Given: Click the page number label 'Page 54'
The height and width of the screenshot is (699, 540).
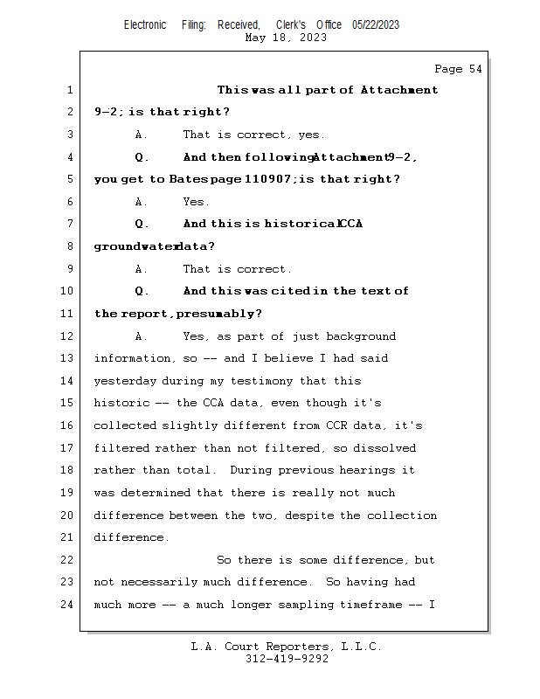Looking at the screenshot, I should (458, 69).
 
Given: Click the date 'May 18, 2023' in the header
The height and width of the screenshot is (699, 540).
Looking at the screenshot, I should (287, 38).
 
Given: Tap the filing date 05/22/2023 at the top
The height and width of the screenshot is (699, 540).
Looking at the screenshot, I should (376, 25).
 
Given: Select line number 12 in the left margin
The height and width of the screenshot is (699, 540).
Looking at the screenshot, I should (67, 336).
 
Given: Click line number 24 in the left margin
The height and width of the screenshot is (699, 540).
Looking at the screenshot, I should (67, 605).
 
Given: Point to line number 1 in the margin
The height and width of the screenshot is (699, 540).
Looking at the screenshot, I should (67, 90).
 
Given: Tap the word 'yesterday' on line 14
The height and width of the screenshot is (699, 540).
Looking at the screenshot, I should (125, 381).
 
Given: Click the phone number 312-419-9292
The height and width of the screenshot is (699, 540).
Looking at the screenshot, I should (287, 660).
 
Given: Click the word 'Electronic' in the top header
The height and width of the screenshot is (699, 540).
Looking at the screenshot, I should (145, 25).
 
